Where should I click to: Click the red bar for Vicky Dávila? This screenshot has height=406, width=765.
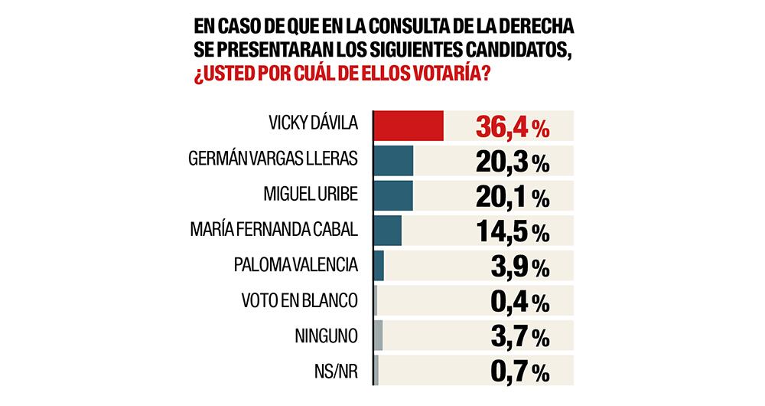(409, 126)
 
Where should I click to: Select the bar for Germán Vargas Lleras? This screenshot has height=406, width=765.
(393, 160)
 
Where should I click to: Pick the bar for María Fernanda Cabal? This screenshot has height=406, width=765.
(388, 230)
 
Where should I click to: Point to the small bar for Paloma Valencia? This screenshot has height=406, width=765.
(379, 265)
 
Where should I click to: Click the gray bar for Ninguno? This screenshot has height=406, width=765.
(378, 336)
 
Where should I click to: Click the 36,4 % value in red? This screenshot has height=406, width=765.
(512, 127)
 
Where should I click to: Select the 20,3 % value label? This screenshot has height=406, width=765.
(512, 162)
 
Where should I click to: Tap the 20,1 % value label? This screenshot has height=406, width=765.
(512, 198)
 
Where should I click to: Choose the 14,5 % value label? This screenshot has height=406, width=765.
(512, 232)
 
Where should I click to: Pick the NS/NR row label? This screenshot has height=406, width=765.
(334, 371)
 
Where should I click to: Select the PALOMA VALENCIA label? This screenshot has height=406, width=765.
(295, 265)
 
